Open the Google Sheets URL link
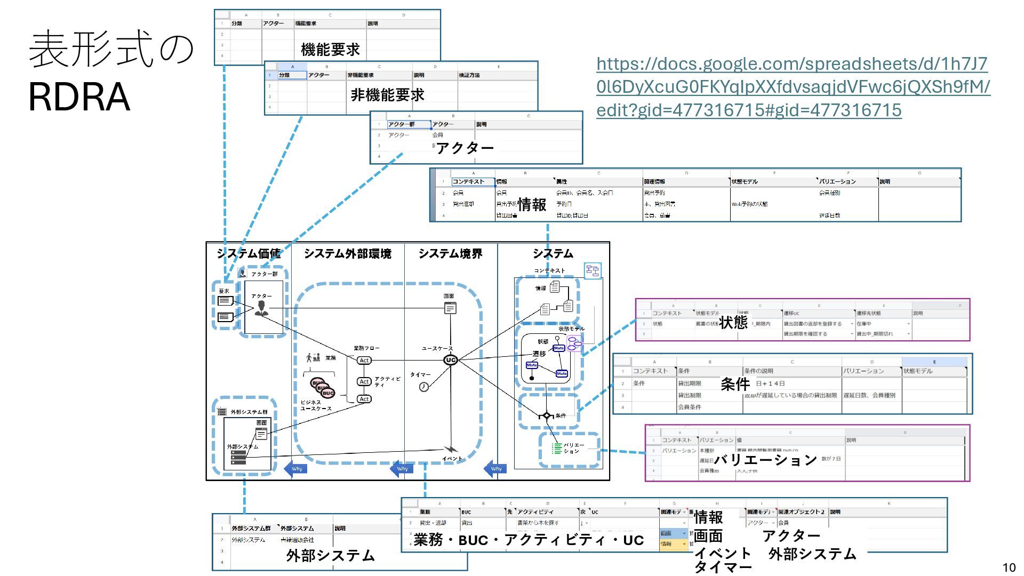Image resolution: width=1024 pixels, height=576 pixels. click(x=793, y=87)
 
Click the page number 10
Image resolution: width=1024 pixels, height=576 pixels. click(x=1009, y=567)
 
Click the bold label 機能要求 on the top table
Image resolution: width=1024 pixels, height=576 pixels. click(x=330, y=50)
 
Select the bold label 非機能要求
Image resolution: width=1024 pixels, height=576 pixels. click(x=387, y=95)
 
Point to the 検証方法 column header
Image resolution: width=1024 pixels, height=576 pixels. click(x=469, y=75)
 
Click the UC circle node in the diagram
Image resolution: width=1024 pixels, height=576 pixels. click(x=451, y=360)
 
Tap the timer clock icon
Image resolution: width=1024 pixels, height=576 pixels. click(x=423, y=387)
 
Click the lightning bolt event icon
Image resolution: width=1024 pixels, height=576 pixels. click(x=451, y=449)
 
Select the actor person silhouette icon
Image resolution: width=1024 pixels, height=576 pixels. click(x=261, y=308)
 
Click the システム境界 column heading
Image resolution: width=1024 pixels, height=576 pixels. click(x=450, y=254)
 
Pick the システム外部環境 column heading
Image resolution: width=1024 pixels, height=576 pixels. click(x=347, y=254)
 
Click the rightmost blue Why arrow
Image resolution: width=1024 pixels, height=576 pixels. click(x=495, y=469)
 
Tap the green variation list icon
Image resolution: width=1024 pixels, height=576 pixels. click(x=556, y=449)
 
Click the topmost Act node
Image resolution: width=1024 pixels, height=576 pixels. click(x=364, y=361)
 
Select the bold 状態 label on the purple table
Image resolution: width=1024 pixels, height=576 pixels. click(x=733, y=322)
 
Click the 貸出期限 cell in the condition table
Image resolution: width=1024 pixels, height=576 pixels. click(x=690, y=383)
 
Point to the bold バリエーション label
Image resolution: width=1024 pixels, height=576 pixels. click(x=765, y=460)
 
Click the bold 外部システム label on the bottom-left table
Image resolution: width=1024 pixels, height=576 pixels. click(x=331, y=556)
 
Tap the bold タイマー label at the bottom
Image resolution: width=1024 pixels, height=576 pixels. click(x=723, y=567)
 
